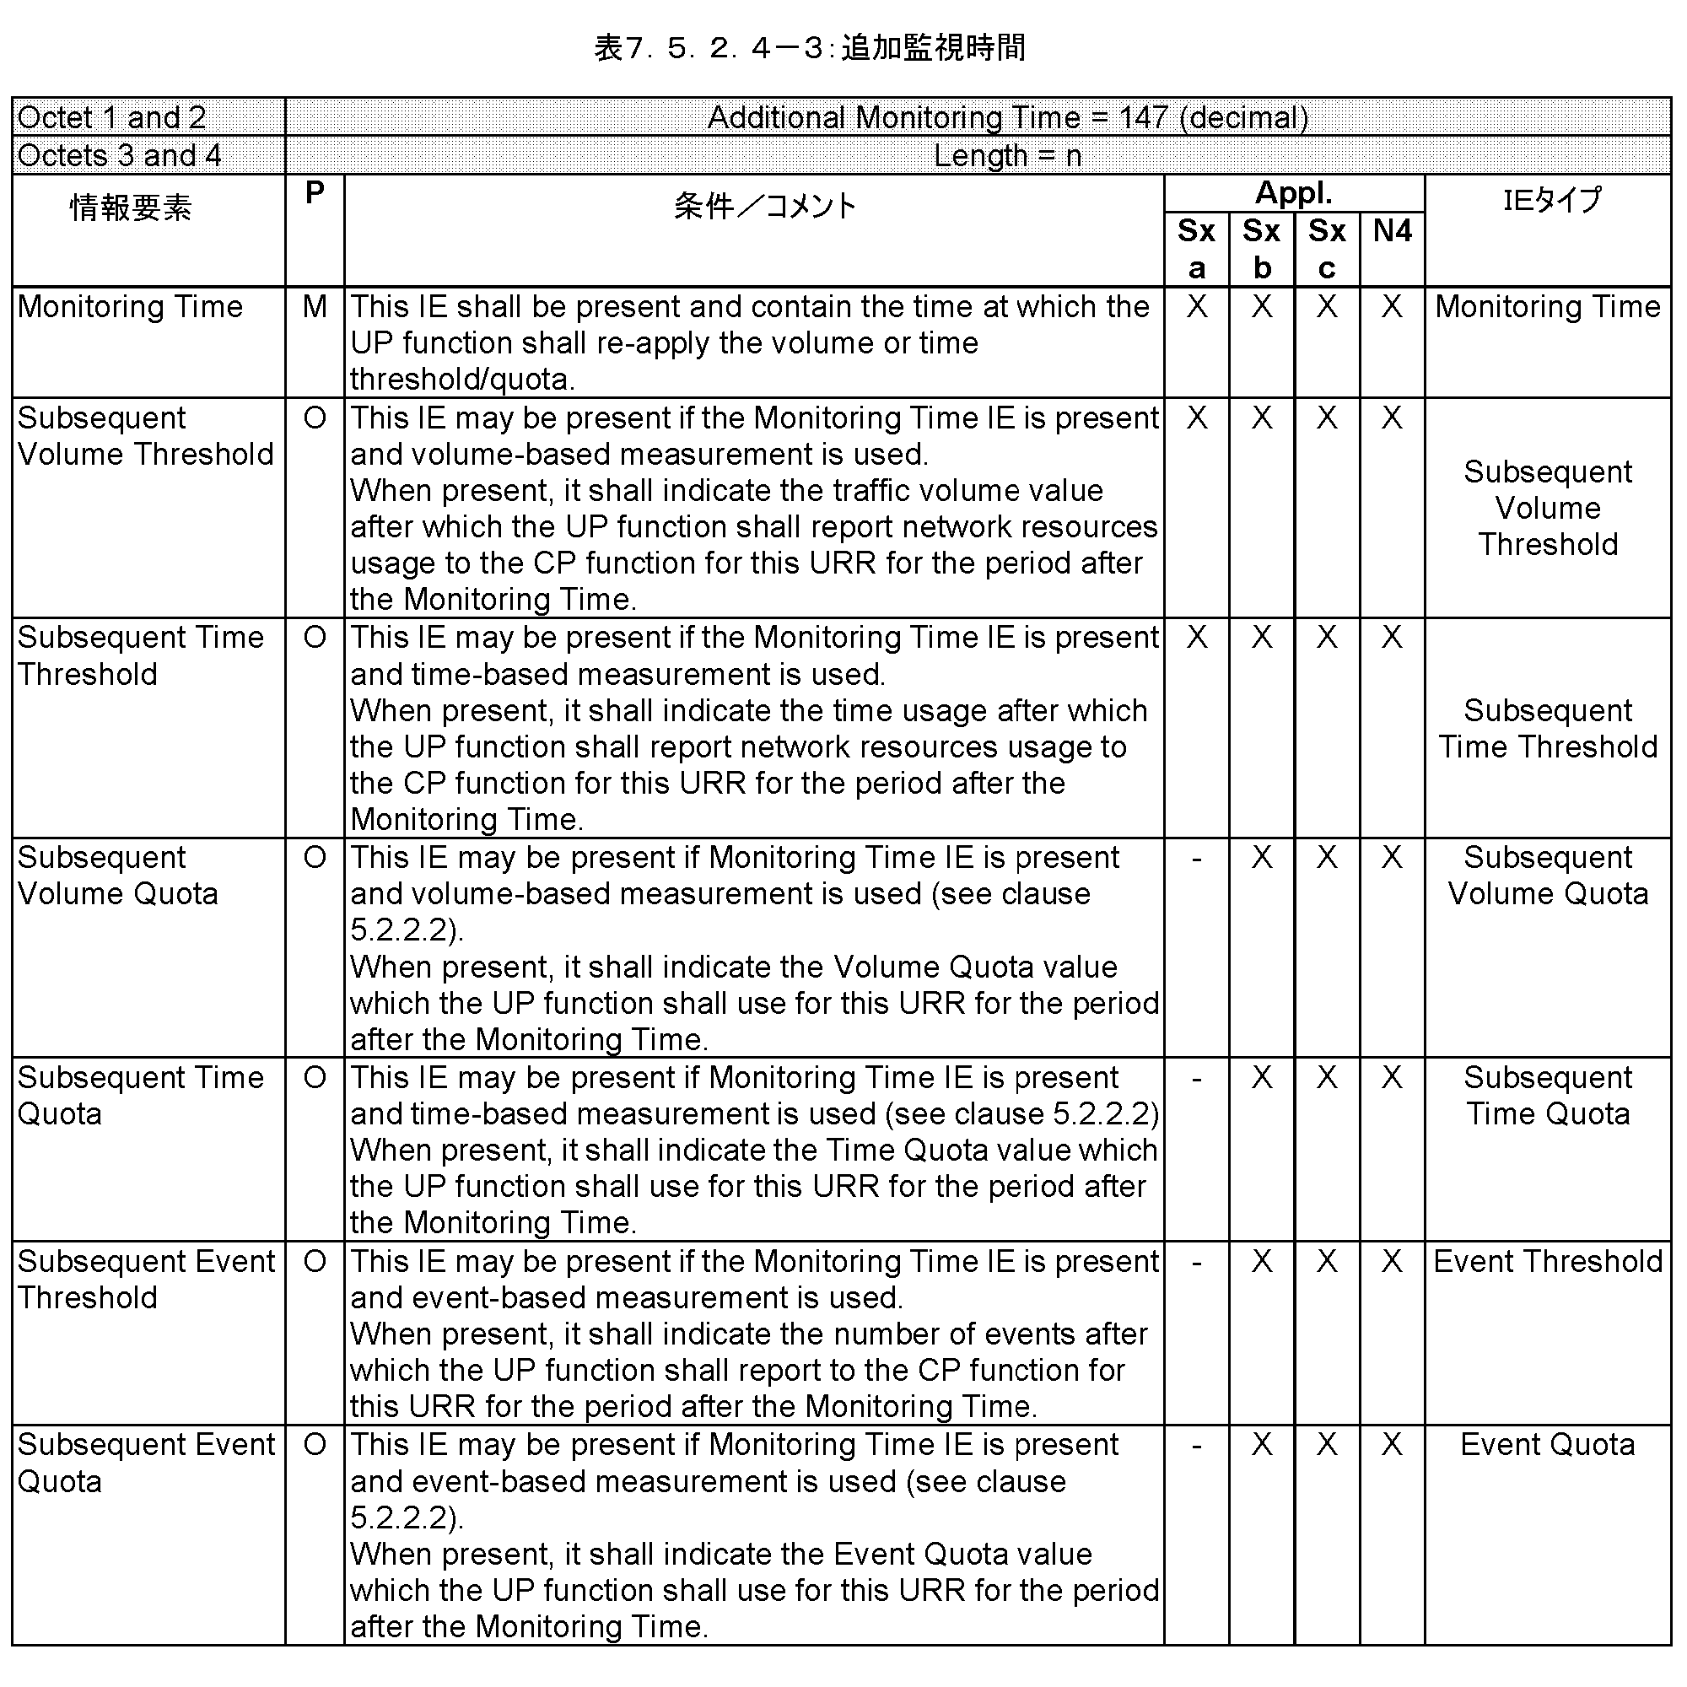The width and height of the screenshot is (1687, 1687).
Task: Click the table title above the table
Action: [810, 47]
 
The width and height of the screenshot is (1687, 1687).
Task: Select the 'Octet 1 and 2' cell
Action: [112, 117]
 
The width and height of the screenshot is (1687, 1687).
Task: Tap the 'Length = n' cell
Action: [1007, 155]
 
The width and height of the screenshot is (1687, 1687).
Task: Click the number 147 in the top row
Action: [1142, 117]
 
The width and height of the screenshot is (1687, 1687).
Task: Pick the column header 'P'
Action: [315, 192]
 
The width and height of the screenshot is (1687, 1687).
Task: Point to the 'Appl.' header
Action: [1293, 193]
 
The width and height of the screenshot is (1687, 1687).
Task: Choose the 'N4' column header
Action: [1392, 230]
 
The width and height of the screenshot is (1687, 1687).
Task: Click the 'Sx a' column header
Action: [1196, 249]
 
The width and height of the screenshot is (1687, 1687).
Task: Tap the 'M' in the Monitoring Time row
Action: [315, 306]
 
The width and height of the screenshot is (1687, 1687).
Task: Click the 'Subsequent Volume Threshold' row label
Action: [145, 436]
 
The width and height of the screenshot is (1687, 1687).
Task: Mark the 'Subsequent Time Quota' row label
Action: [140, 1095]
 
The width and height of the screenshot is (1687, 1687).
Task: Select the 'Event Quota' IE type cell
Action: [1547, 1445]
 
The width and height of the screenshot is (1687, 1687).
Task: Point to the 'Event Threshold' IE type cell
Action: [1547, 1262]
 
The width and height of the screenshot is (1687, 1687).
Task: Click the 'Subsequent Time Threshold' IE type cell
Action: [1547, 728]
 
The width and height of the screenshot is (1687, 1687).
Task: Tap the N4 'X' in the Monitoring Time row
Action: [1392, 306]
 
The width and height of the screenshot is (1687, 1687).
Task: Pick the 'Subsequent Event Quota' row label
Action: [145, 1463]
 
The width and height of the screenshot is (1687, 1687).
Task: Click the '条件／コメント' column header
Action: [765, 206]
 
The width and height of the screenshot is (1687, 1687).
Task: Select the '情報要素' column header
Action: [131, 208]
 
